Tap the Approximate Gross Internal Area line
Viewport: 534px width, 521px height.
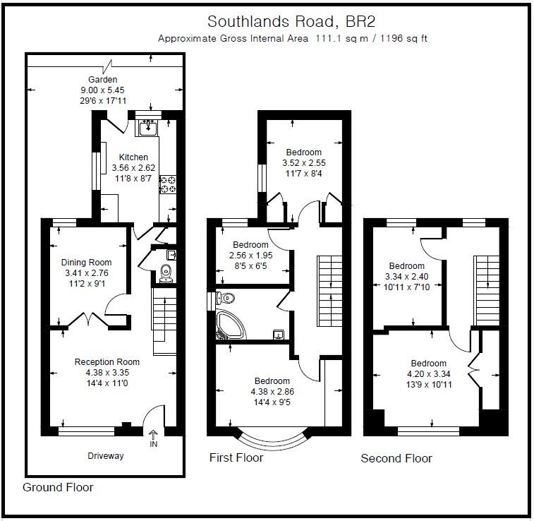point(292,39)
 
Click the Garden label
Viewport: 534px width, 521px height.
point(102,80)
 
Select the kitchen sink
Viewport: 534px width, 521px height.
point(148,128)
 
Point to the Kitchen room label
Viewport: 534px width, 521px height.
point(133,157)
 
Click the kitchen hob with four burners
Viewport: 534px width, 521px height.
point(168,185)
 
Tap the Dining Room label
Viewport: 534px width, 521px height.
point(87,263)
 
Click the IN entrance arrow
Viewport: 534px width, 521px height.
point(154,438)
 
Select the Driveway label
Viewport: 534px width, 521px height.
point(105,455)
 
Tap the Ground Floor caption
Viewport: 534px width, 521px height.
point(58,487)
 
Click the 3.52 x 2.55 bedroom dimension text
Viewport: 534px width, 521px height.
point(303,162)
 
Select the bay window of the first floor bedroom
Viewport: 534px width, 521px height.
point(269,438)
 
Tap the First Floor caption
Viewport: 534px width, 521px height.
point(236,458)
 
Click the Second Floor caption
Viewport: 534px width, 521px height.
point(396,459)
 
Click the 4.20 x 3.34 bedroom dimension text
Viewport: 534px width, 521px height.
point(428,374)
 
